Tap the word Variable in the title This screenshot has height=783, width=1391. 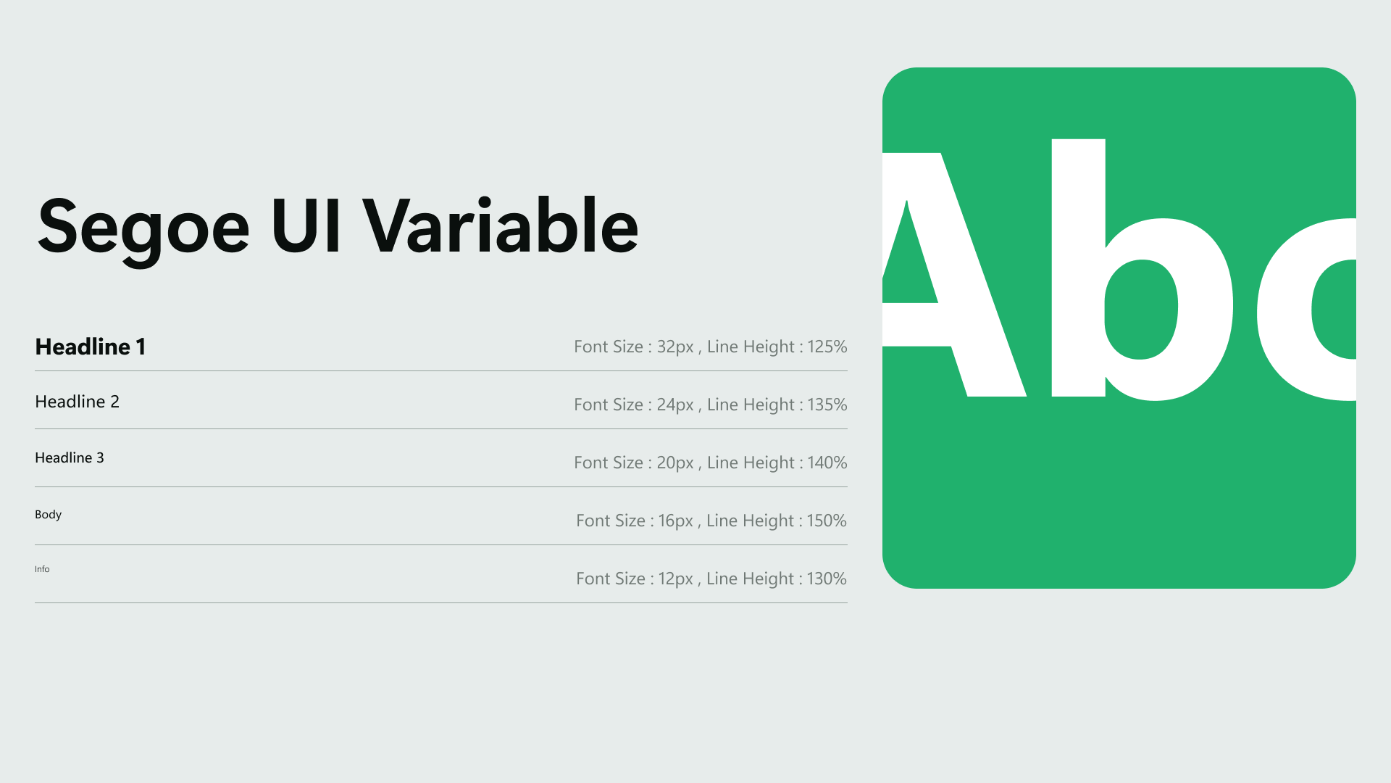501,225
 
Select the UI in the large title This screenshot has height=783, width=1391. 306,226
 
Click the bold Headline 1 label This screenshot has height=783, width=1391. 91,347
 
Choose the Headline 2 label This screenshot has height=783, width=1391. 77,402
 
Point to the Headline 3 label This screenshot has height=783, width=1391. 70,457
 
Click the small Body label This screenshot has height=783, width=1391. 49,515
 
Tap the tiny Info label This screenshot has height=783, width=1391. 42,569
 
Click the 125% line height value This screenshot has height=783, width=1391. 827,347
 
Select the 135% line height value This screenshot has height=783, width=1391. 827,405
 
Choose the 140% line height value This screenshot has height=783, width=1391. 827,463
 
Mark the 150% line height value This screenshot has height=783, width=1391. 827,521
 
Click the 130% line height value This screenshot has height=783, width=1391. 827,579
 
